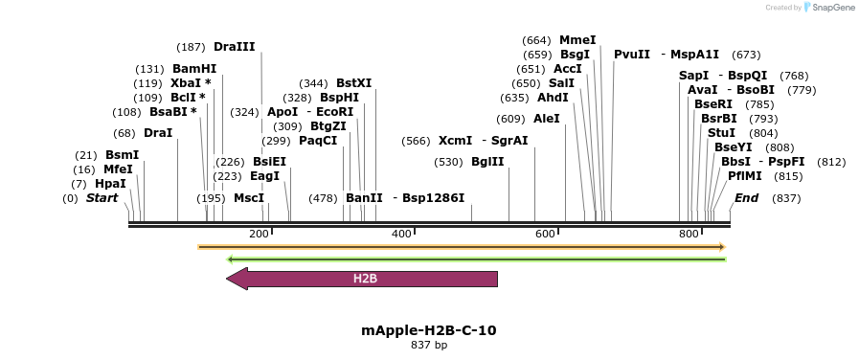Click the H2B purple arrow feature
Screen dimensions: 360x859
pyautogui.click(x=364, y=279)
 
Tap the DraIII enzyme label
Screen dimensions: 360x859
pyautogui.click(x=234, y=46)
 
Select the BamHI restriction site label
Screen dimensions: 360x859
pyautogui.click(x=194, y=69)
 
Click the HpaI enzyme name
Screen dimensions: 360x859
pyautogui.click(x=110, y=184)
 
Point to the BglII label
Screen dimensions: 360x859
pyautogui.click(x=487, y=162)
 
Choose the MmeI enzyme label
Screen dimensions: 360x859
pyautogui.click(x=577, y=40)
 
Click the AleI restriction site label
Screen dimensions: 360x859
pyautogui.click(x=546, y=119)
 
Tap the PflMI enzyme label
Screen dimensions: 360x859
pyautogui.click(x=745, y=176)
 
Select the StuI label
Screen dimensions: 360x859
pyautogui.click(x=721, y=133)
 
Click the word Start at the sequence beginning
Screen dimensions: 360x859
pyautogui.click(x=102, y=198)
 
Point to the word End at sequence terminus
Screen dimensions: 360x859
pyautogui.click(x=746, y=198)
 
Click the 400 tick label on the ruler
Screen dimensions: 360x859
pyautogui.click(x=401, y=235)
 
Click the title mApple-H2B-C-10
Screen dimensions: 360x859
pyautogui.click(x=429, y=330)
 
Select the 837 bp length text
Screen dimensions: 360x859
pyautogui.click(x=429, y=346)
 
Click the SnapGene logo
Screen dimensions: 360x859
pyautogui.click(x=829, y=7)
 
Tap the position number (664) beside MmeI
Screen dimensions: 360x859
pyautogui.click(x=536, y=40)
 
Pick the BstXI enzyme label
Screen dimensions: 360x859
pyautogui.click(x=353, y=83)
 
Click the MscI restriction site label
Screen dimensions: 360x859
pyautogui.click(x=249, y=198)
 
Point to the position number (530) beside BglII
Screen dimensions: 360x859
pyautogui.click(x=448, y=162)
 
